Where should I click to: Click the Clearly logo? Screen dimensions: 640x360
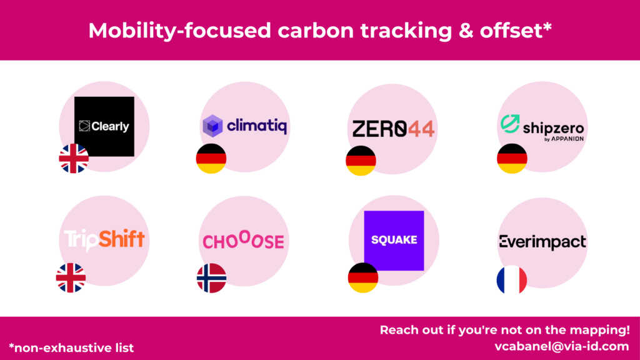tap(104, 126)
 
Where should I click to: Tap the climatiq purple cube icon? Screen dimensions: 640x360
tap(212, 126)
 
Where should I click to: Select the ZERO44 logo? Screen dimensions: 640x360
tap(393, 129)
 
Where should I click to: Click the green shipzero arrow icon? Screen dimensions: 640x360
tap(510, 124)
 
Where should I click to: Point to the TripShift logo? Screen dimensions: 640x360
tap(104, 240)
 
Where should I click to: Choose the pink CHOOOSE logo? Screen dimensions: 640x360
tap(244, 241)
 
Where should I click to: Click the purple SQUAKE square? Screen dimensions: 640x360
tap(394, 241)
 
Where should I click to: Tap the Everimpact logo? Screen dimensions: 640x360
tap(542, 242)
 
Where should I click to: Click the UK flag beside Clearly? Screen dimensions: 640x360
tap(74, 158)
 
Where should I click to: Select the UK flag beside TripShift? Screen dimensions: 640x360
tap(71, 277)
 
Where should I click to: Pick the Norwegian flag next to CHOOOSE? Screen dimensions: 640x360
tap(211, 278)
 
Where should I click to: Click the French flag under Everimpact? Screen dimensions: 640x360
tap(512, 280)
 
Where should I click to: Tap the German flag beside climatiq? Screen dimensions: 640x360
tap(211, 158)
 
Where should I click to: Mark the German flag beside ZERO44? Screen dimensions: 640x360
tap(361, 161)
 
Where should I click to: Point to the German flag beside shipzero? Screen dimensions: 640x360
tap(512, 158)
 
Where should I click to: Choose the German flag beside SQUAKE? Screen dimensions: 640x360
tap(363, 277)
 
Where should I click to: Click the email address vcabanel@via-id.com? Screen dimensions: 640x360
tap(562, 346)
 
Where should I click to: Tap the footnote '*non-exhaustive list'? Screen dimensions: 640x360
tap(71, 347)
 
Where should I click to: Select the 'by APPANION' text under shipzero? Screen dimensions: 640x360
tap(564, 139)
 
